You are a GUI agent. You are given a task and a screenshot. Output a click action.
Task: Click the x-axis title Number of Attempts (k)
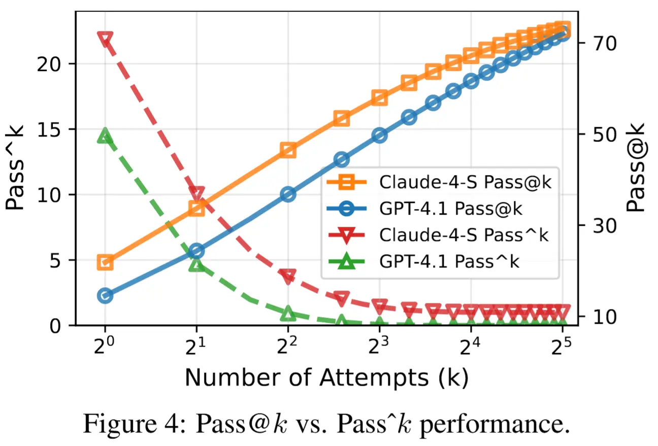point(326,378)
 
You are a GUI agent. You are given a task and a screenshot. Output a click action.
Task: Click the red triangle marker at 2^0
point(105,39)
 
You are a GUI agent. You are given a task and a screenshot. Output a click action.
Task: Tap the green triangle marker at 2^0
point(105,135)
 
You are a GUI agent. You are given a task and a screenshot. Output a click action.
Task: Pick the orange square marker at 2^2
point(288,150)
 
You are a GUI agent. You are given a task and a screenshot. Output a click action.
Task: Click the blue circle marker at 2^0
point(105,296)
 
